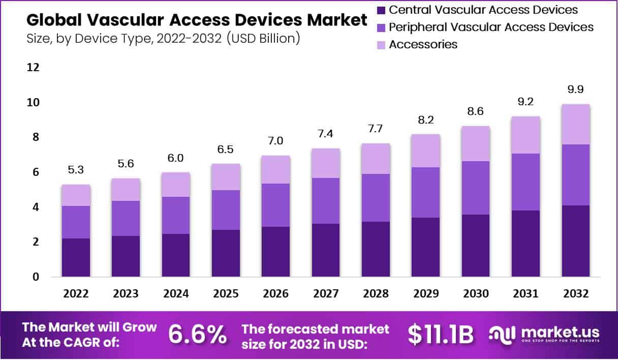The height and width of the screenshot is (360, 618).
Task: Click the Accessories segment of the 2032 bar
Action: (x=575, y=125)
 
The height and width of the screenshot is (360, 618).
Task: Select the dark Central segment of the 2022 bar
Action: (x=76, y=258)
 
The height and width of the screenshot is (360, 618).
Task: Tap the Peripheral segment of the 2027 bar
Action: (x=326, y=201)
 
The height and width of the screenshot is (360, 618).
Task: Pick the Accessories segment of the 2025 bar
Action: (x=226, y=177)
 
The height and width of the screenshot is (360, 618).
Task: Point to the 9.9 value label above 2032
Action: (x=575, y=89)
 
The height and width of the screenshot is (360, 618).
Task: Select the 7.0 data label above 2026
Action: (x=276, y=141)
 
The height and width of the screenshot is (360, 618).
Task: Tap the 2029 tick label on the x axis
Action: (x=426, y=293)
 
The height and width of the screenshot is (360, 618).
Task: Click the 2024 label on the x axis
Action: (x=176, y=293)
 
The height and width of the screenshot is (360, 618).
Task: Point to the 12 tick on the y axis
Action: (x=34, y=68)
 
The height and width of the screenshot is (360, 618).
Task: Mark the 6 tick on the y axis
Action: (x=36, y=172)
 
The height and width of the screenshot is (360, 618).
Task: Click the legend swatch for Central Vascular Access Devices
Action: (x=381, y=10)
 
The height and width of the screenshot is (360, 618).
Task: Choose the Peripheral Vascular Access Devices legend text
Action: (x=491, y=27)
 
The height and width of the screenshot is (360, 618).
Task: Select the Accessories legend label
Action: (x=423, y=44)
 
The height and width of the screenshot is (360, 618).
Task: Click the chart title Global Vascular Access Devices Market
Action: (x=196, y=20)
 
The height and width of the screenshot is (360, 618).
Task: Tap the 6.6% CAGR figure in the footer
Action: (x=197, y=334)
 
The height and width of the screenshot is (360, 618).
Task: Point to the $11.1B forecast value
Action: (x=441, y=334)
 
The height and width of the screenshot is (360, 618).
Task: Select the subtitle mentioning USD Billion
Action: (x=163, y=38)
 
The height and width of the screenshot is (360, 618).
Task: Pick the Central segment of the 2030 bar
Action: (x=476, y=246)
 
